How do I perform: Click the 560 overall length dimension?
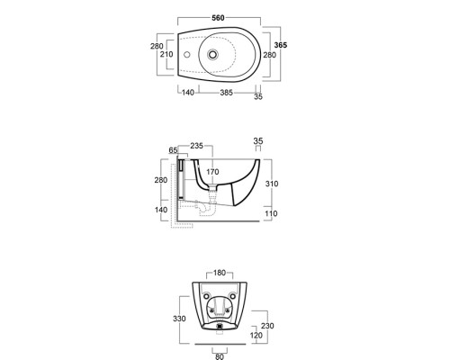[218, 18]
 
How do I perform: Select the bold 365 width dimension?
[281, 45]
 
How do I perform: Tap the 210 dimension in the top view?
[166, 54]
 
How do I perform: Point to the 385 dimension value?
[226, 93]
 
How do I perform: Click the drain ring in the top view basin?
[212, 55]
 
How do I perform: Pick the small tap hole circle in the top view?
[187, 55]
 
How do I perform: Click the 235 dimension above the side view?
[197, 146]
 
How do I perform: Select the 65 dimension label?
[173, 150]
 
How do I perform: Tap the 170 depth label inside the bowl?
[212, 172]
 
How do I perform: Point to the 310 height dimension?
[272, 184]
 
